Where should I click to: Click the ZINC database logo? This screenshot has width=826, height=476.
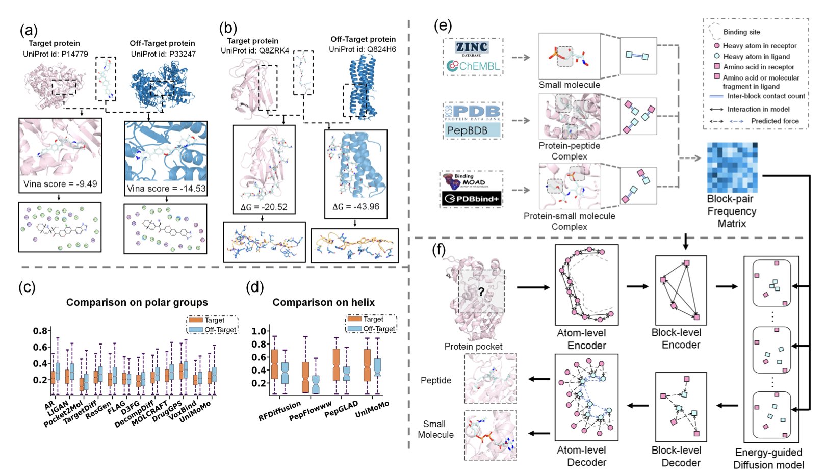pos(472,47)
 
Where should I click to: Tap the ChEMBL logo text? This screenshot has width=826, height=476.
pos(473,66)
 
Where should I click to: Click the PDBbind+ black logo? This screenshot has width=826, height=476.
pos(471,198)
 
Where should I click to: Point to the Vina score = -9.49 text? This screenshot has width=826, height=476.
pos(60,184)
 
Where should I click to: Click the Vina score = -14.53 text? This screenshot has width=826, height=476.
pos(166,189)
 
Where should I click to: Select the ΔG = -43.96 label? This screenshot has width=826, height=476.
pos(356,207)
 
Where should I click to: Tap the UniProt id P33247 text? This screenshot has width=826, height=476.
pos(163,54)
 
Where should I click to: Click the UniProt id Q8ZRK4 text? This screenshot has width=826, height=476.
pos(255,50)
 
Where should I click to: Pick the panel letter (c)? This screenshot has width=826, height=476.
pos(27,287)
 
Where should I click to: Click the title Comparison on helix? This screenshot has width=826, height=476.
pos(323,302)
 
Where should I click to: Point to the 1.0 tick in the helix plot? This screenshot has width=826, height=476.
pos(259,331)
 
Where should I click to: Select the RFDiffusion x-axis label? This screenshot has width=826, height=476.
pos(280,411)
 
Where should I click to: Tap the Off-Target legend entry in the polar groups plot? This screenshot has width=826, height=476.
pos(220,330)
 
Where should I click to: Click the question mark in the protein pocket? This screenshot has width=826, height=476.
pos(481,292)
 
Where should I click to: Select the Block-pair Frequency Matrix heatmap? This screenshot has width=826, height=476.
pos(732,168)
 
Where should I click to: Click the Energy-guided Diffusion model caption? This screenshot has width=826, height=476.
pos(768,459)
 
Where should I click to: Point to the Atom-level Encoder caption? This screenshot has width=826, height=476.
pos(581,339)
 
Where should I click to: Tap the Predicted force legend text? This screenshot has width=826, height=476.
pos(775,121)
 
